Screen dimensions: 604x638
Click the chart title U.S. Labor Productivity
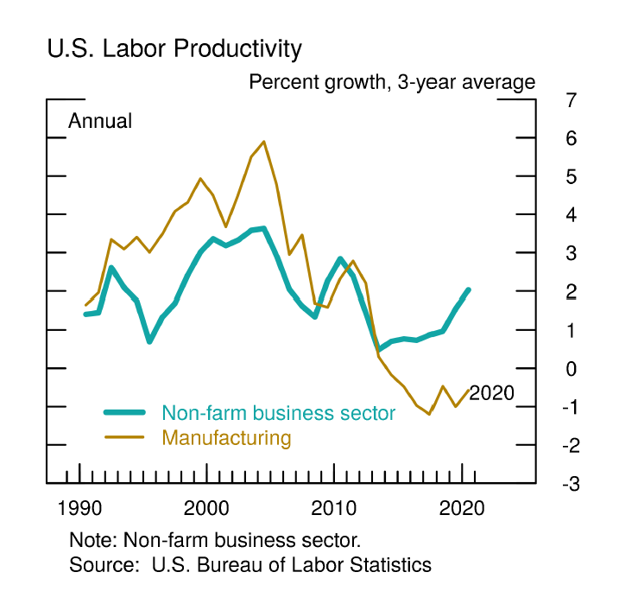pos(174,49)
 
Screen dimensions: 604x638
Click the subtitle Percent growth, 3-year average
pos(392,83)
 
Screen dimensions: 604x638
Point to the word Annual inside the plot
pos(100,121)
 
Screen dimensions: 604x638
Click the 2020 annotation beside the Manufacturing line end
pos(491,394)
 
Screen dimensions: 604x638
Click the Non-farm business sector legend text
pos(278,413)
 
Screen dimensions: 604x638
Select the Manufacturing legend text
pos(226,437)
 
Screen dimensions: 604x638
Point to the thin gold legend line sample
pos(124,437)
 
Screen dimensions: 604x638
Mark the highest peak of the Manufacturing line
pos(263,142)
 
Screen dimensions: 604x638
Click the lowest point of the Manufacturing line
pos(429,414)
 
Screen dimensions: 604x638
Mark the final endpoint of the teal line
pos(469,290)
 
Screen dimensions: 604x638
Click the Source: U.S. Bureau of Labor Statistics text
pos(250,565)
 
